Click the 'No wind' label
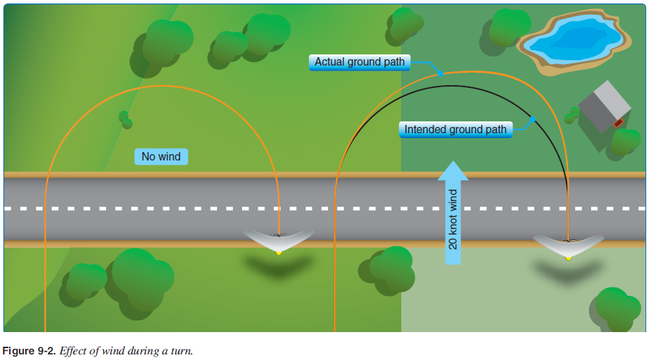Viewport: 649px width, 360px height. tap(161, 156)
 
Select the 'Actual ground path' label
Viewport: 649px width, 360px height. tap(359, 62)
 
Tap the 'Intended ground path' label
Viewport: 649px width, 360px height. tap(455, 129)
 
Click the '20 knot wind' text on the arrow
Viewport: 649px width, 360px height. tap(453, 219)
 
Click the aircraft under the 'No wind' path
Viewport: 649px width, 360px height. tap(278, 239)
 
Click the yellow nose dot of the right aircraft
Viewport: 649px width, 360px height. tap(568, 258)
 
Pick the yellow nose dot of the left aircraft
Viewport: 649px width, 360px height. tap(278, 252)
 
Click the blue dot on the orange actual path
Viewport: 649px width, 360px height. tap(440, 73)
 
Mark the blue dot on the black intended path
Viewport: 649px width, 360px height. tap(532, 119)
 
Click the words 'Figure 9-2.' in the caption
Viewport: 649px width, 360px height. tap(29, 351)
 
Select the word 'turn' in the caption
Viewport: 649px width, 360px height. tap(181, 351)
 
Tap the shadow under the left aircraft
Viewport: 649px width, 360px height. tap(278, 267)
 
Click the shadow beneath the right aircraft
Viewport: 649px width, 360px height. tap(567, 272)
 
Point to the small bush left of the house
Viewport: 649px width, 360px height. tap(572, 114)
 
